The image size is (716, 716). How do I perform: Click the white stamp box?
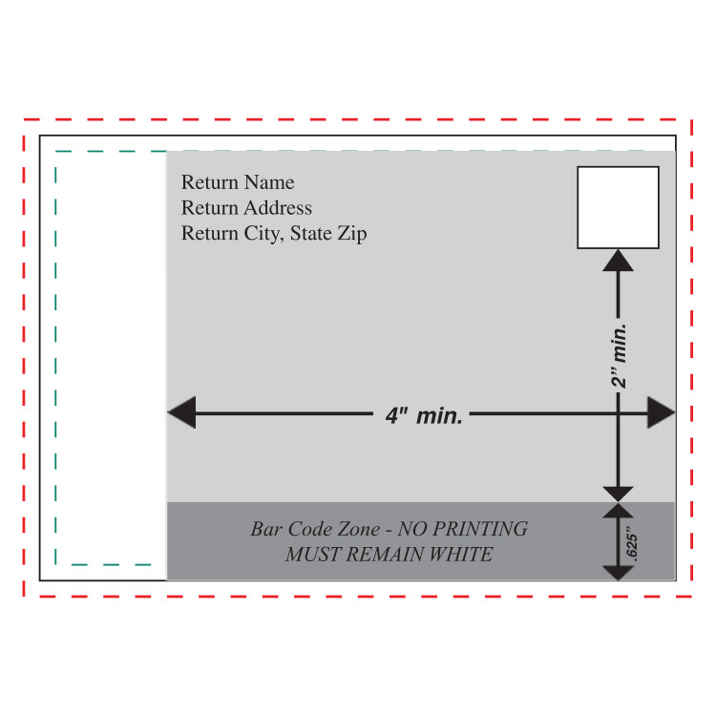(x=618, y=207)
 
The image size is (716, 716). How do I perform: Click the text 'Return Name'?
(x=238, y=182)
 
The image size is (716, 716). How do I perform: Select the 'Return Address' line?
(x=246, y=208)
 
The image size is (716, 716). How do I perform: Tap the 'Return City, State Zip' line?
(x=274, y=234)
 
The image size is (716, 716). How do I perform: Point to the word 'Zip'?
(x=352, y=234)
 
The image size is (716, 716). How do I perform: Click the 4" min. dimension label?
(x=424, y=415)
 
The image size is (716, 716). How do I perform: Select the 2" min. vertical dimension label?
(x=620, y=356)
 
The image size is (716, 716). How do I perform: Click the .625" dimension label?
(x=631, y=543)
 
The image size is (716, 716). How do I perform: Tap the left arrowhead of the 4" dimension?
(x=181, y=412)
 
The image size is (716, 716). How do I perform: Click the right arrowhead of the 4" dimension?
(x=661, y=412)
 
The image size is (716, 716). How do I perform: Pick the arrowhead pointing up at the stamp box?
(x=618, y=261)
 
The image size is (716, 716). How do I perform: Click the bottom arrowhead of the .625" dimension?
(x=618, y=573)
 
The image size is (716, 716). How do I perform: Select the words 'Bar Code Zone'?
(x=315, y=529)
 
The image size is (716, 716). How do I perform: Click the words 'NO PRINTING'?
(x=463, y=529)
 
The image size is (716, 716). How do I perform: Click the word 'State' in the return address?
(x=311, y=233)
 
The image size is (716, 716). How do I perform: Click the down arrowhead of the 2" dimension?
(x=618, y=495)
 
